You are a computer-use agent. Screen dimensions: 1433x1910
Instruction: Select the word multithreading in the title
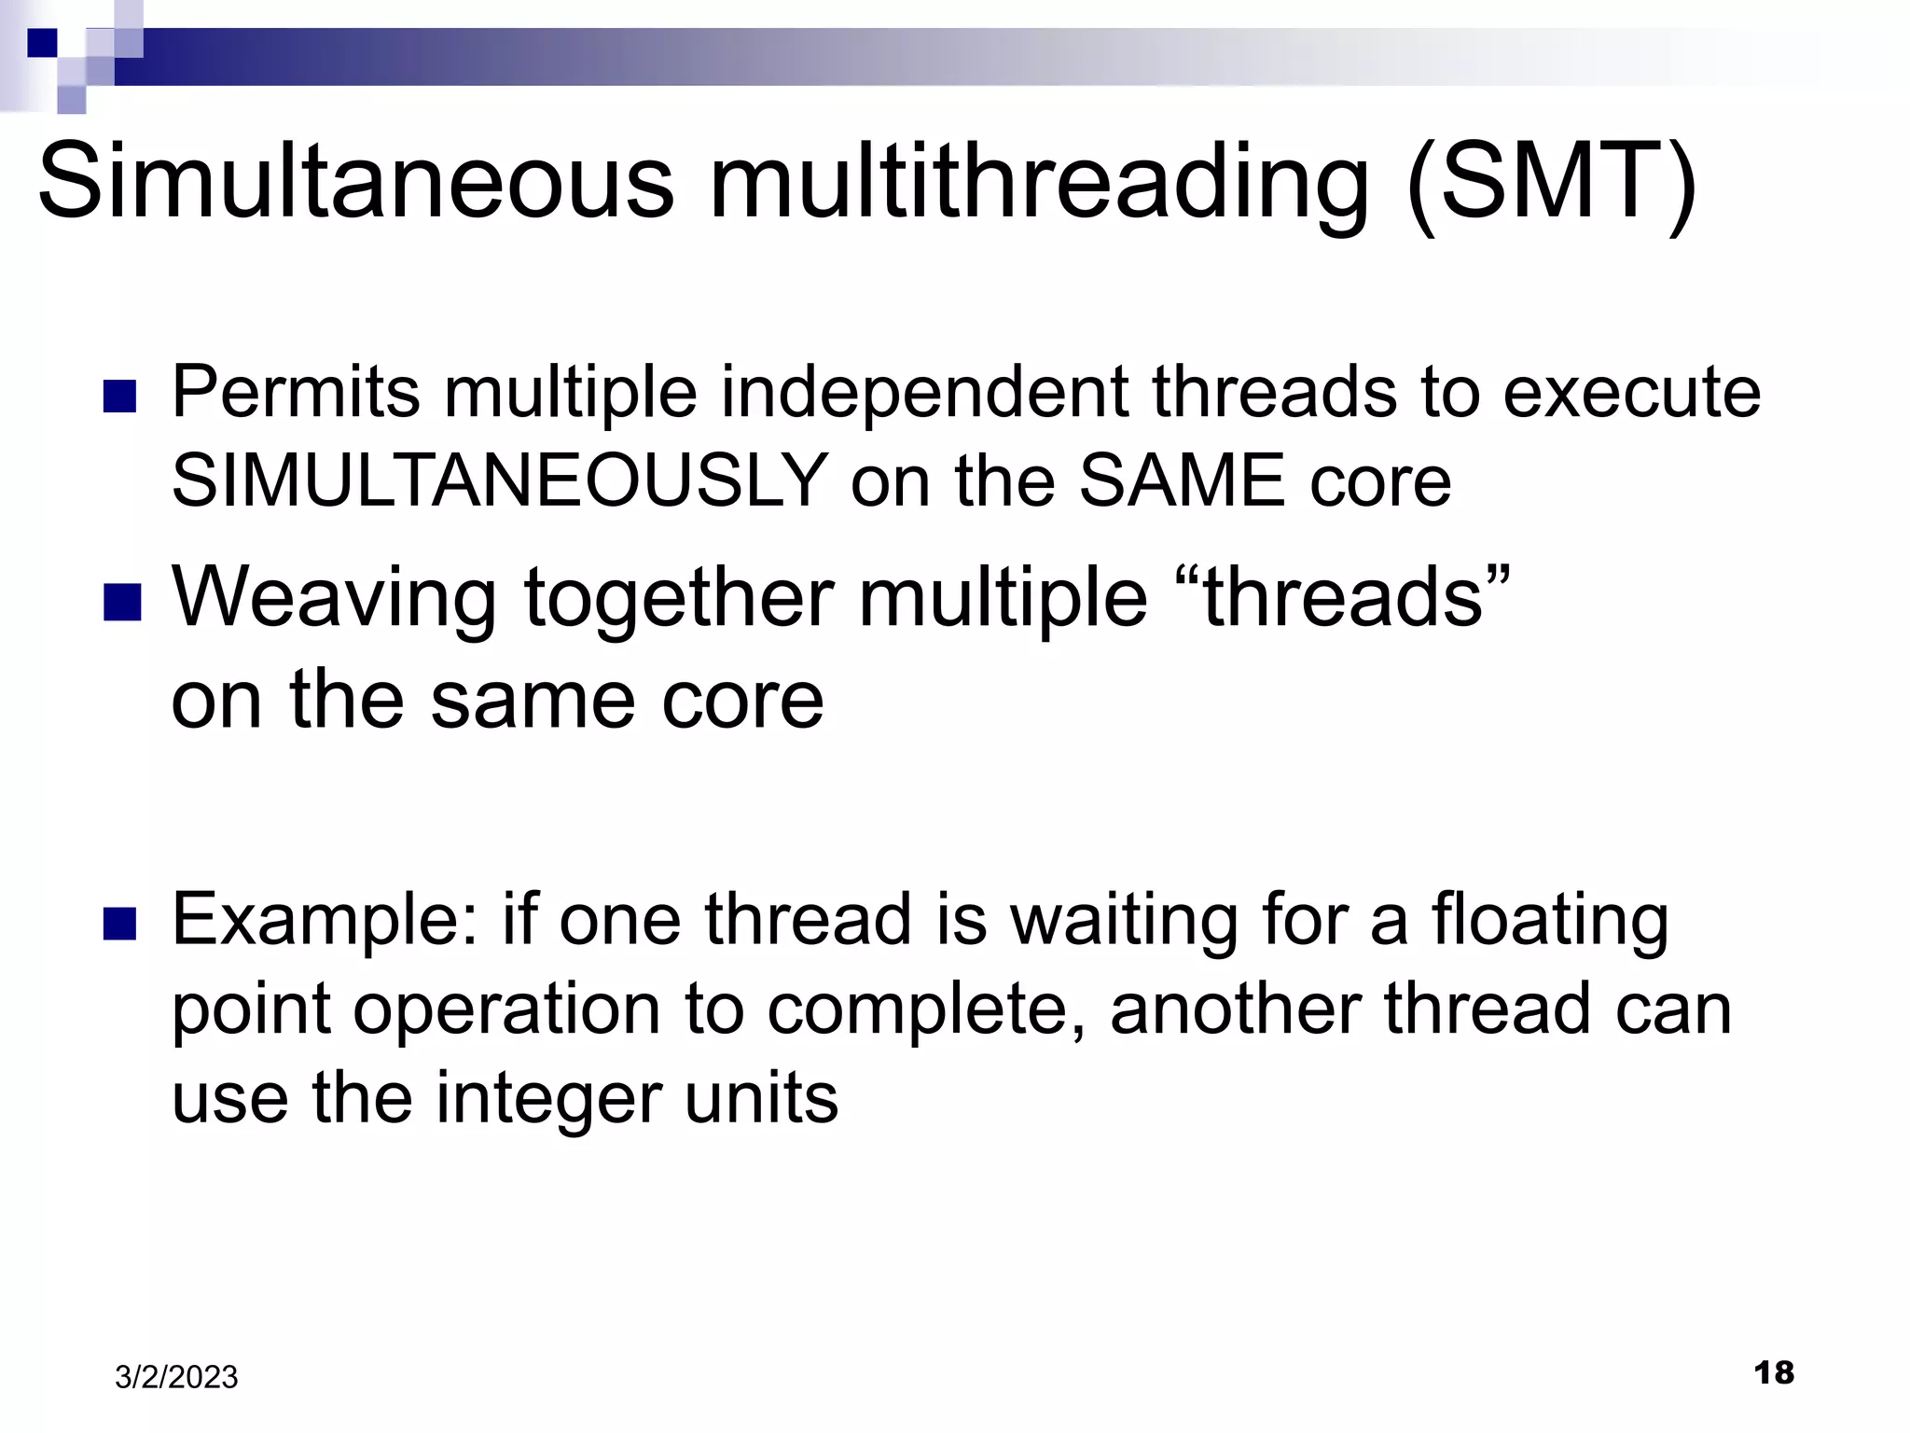tap(1039, 182)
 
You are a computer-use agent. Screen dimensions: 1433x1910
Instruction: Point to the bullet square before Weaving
tap(121, 603)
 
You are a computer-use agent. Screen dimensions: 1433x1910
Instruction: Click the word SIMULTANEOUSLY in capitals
tap(500, 481)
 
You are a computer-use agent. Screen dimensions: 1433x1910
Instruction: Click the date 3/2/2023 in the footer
tap(176, 1377)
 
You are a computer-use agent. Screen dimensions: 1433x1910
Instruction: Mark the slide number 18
tap(1774, 1373)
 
